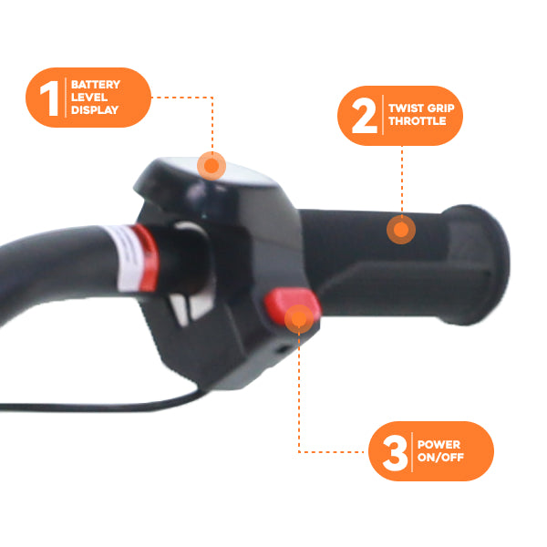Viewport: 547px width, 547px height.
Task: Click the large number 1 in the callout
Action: pyautogui.click(x=50, y=98)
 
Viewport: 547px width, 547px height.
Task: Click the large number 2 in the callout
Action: pyautogui.click(x=365, y=116)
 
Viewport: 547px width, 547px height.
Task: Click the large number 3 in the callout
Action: pyautogui.click(x=396, y=453)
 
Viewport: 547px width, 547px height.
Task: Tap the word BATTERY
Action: pyautogui.click(x=96, y=85)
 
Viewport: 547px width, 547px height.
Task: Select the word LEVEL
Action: pyautogui.click(x=89, y=97)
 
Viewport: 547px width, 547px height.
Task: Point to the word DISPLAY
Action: pyautogui.click(x=95, y=110)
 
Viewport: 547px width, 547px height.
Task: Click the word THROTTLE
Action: pyautogui.click(x=418, y=121)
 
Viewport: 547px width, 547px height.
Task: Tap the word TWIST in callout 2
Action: pyautogui.click(x=406, y=108)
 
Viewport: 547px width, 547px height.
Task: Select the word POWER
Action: pyautogui.click(x=439, y=445)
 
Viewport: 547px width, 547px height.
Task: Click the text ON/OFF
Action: pyautogui.click(x=440, y=457)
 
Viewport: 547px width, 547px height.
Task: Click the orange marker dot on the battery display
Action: pyautogui.click(x=212, y=166)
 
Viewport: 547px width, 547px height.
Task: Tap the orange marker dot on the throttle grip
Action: pyautogui.click(x=401, y=230)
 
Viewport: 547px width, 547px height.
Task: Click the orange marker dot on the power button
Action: pyautogui.click(x=299, y=318)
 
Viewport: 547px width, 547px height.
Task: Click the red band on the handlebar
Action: pyautogui.click(x=147, y=257)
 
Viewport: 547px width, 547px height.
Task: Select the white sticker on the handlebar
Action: pyautogui.click(x=127, y=259)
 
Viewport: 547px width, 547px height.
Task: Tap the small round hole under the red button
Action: pyautogui.click(x=284, y=349)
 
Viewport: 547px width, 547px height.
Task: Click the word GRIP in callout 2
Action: pyautogui.click(x=441, y=108)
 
